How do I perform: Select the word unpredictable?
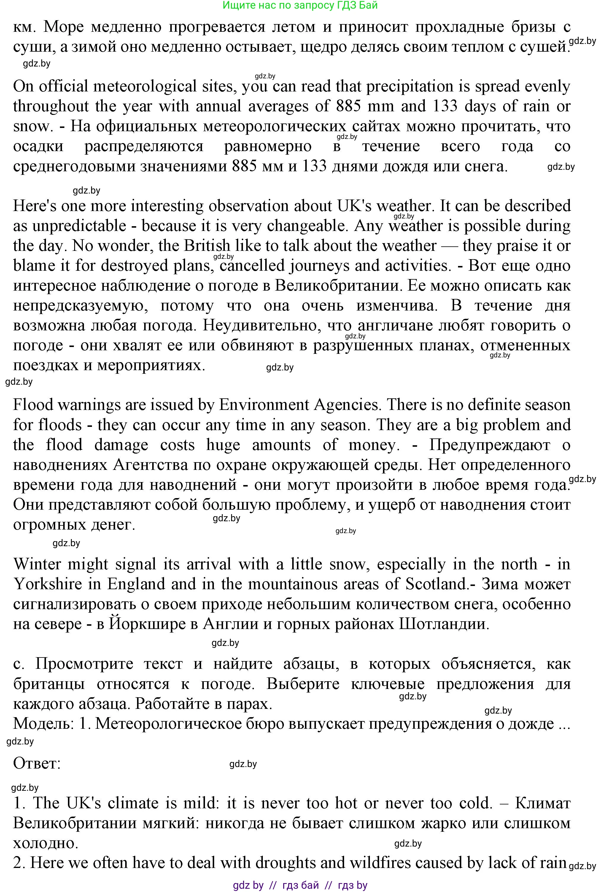[79, 226]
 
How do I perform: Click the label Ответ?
[37, 763]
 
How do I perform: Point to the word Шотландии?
[444, 624]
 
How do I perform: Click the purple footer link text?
[300, 885]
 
